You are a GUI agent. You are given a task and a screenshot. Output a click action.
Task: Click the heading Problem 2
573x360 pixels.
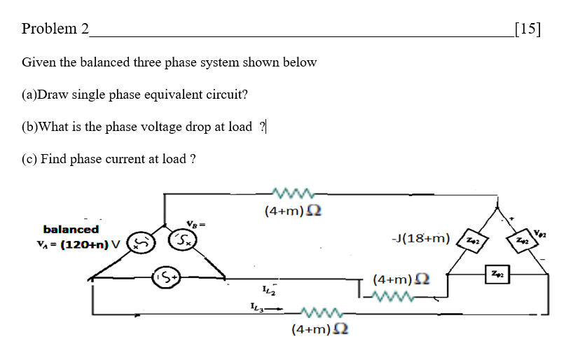55,29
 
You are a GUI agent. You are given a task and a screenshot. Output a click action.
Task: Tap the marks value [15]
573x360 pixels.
527,29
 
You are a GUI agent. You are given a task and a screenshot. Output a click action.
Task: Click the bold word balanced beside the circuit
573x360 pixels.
71,229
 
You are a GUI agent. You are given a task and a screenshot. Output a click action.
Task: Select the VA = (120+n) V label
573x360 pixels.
78,244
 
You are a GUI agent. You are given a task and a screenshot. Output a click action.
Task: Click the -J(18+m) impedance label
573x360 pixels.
421,239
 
